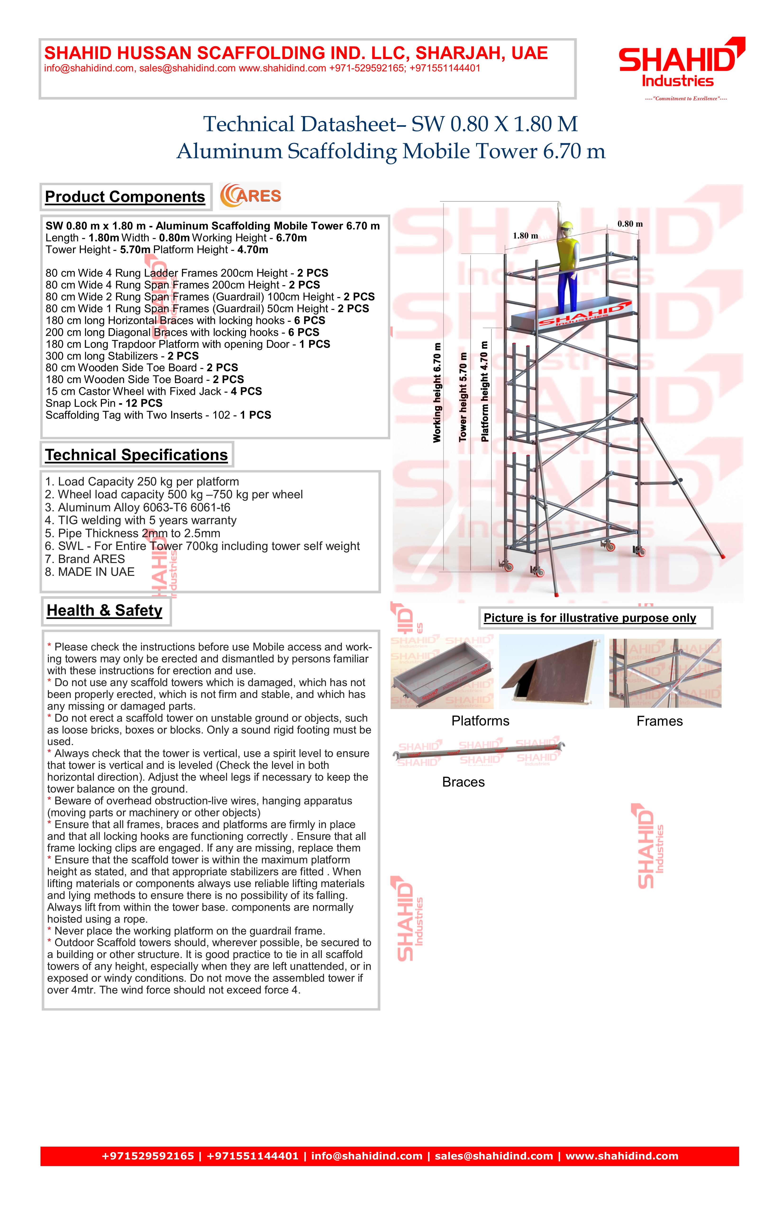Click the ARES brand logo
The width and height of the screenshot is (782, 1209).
(250, 196)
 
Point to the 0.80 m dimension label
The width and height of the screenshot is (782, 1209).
(630, 224)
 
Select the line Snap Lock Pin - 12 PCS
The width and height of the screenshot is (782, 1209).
(104, 403)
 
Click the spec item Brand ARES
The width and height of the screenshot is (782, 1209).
(85, 559)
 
